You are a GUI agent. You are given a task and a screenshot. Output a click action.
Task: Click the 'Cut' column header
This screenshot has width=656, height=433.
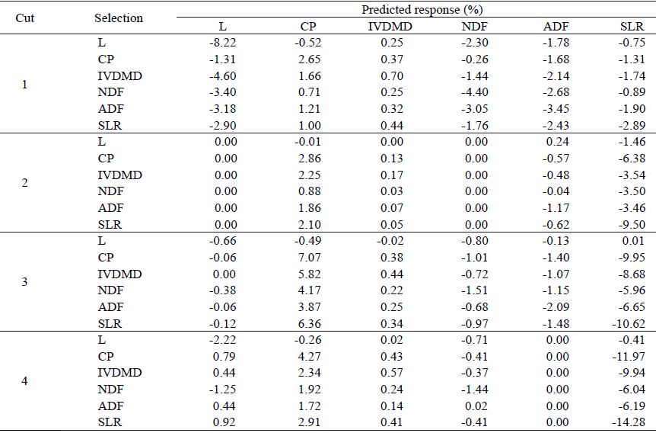[25, 18]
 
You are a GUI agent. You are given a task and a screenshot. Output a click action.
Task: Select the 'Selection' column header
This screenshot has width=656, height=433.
[119, 18]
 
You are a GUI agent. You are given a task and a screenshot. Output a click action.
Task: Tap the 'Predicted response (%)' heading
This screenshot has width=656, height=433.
[416, 10]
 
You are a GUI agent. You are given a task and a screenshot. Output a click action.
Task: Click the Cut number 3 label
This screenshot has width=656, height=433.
[25, 282]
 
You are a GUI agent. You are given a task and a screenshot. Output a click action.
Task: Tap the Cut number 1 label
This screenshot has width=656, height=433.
[25, 85]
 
